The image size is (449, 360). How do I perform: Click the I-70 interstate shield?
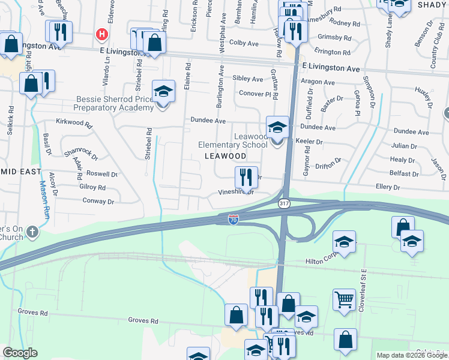pos(233,220)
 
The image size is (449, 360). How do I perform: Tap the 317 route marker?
pos(285,204)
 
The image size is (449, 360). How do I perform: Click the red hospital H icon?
pos(103,34)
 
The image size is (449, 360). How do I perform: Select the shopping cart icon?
pos(343,298)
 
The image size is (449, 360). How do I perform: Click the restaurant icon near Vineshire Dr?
pos(246,176)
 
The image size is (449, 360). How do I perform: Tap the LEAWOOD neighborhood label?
pos(225,156)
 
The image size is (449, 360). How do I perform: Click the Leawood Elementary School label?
pos(234,141)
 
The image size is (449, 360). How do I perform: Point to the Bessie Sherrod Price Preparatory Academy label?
pos(113,103)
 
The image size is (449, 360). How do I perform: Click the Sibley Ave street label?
pos(248,79)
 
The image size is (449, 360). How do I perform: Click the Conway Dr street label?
pos(98,200)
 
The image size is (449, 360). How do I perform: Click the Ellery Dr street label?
pos(388,188)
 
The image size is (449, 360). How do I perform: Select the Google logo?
pos(20,353)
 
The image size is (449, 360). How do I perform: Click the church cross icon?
pos(32,231)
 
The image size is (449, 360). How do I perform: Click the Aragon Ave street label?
pos(318,82)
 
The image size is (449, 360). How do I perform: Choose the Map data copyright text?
pos(411,355)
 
